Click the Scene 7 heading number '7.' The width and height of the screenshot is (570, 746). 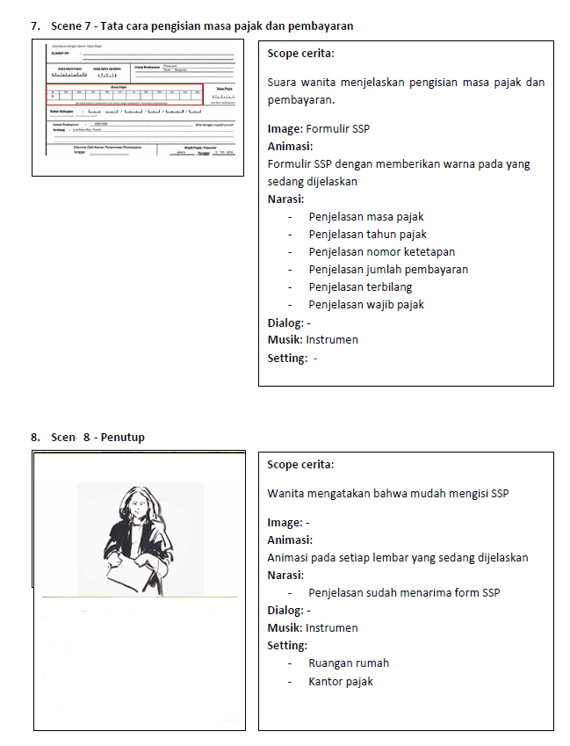[35, 26]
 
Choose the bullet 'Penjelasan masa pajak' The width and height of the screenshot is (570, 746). [366, 217]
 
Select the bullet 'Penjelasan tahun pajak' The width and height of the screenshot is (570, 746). [367, 235]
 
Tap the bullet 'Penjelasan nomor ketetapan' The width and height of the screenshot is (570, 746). [381, 252]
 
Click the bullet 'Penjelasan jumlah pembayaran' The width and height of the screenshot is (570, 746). [388, 270]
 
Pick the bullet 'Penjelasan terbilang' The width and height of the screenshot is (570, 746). [360, 287]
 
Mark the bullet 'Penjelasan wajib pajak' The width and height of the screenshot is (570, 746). [366, 305]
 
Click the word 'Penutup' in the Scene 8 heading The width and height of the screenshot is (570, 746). [122, 438]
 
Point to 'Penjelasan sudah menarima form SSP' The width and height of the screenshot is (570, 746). [404, 593]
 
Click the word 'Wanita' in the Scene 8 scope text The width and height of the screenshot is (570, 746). [287, 494]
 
